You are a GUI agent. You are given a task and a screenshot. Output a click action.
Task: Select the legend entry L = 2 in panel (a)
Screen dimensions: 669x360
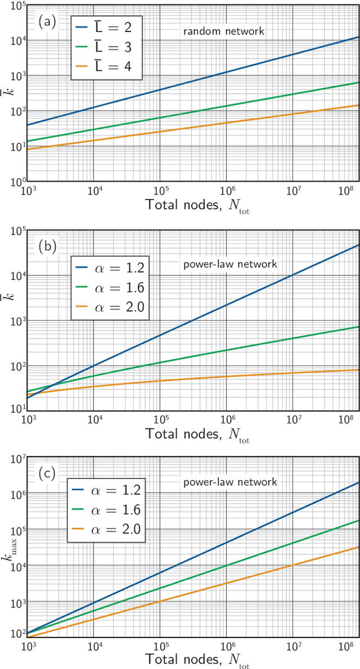tap(107, 28)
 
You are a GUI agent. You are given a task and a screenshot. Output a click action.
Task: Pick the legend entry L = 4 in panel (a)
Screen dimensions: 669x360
tap(107, 68)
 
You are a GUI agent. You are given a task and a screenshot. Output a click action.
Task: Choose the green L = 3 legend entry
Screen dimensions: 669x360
tap(107, 48)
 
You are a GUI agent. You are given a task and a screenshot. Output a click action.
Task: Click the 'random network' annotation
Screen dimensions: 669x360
tap(223, 31)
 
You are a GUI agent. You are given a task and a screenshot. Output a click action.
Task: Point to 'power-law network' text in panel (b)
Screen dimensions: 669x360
tap(224, 264)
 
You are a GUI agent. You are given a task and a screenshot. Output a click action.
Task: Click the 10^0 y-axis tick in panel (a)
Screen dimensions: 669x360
tap(13, 182)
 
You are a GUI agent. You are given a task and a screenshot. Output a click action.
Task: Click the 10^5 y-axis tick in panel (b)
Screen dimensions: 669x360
tap(13, 231)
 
